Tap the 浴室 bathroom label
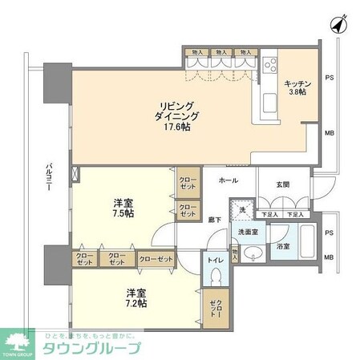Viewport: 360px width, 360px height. (284, 248)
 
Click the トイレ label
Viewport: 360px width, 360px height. (215, 260)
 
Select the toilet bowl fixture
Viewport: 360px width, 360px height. (217, 277)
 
